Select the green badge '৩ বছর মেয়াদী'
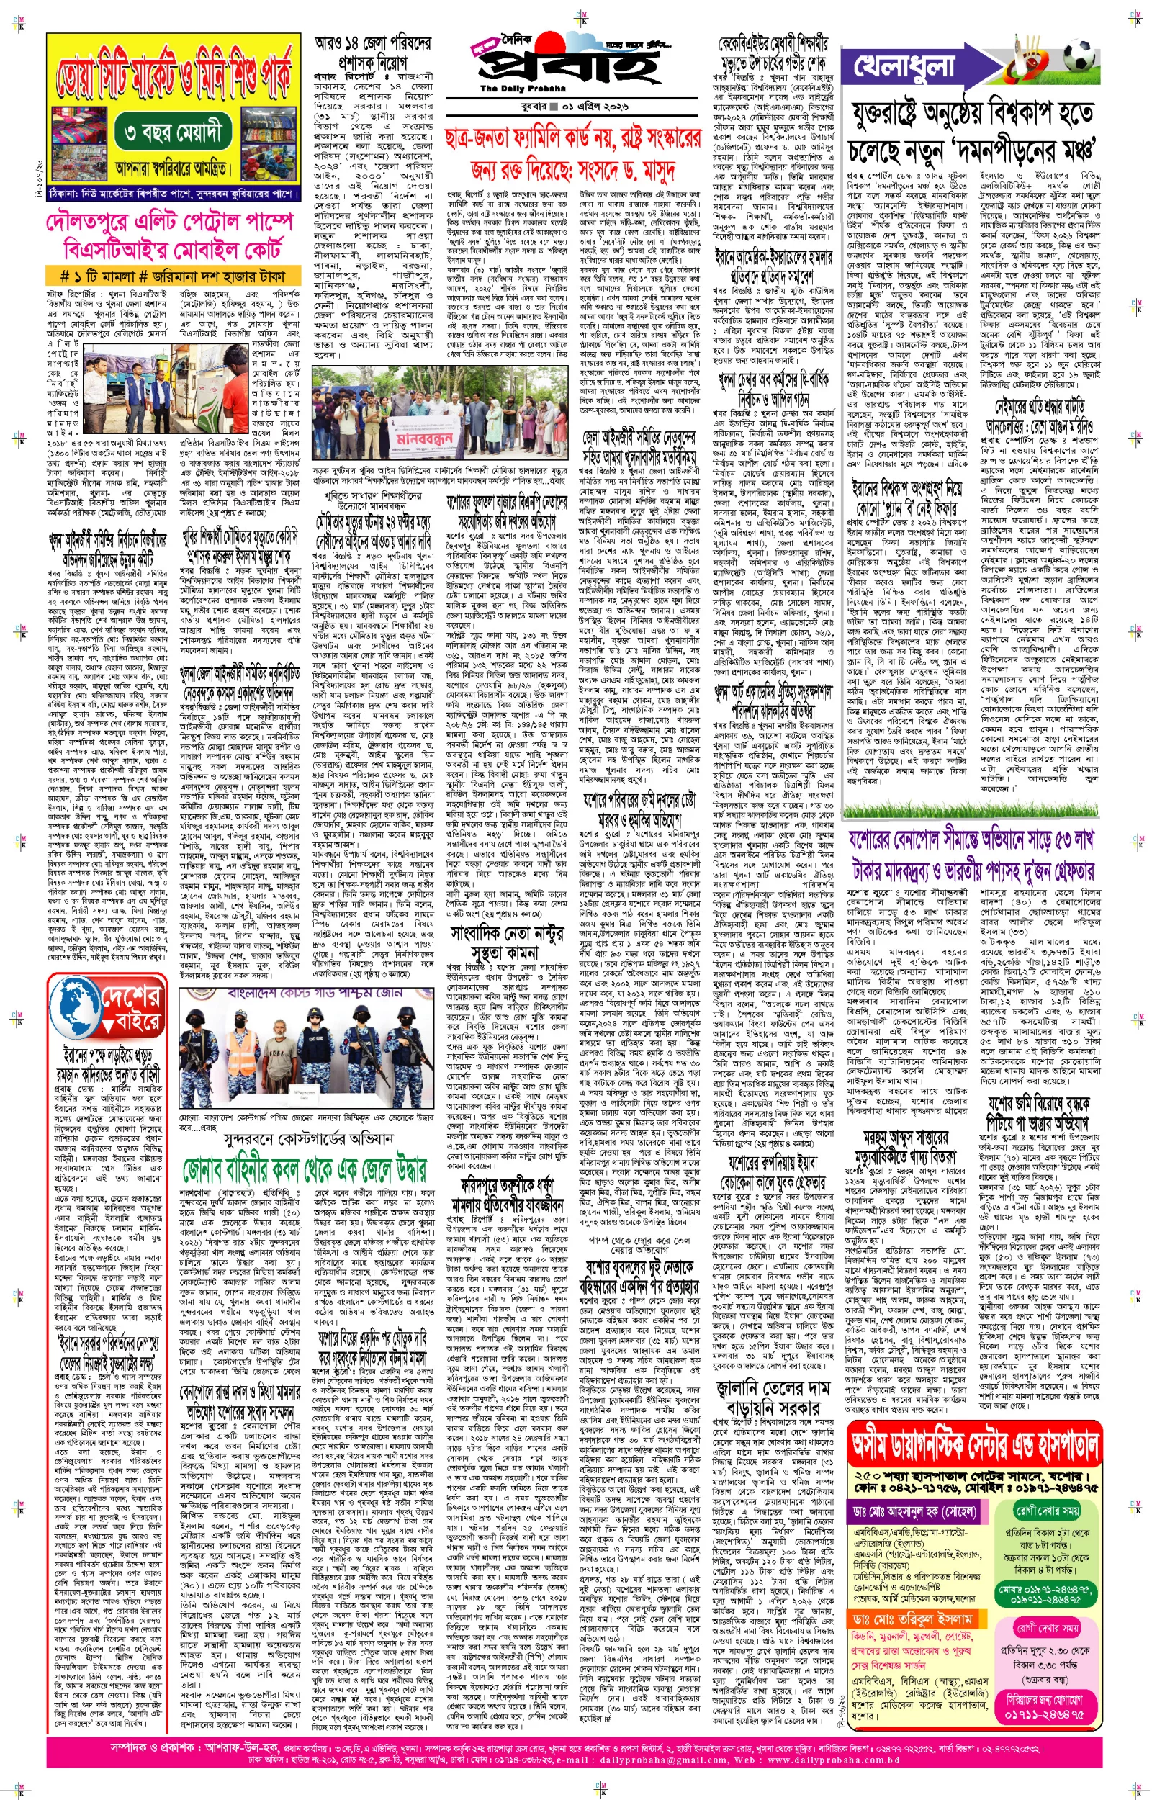(x=174, y=135)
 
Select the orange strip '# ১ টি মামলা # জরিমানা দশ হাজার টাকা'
(x=172, y=276)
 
